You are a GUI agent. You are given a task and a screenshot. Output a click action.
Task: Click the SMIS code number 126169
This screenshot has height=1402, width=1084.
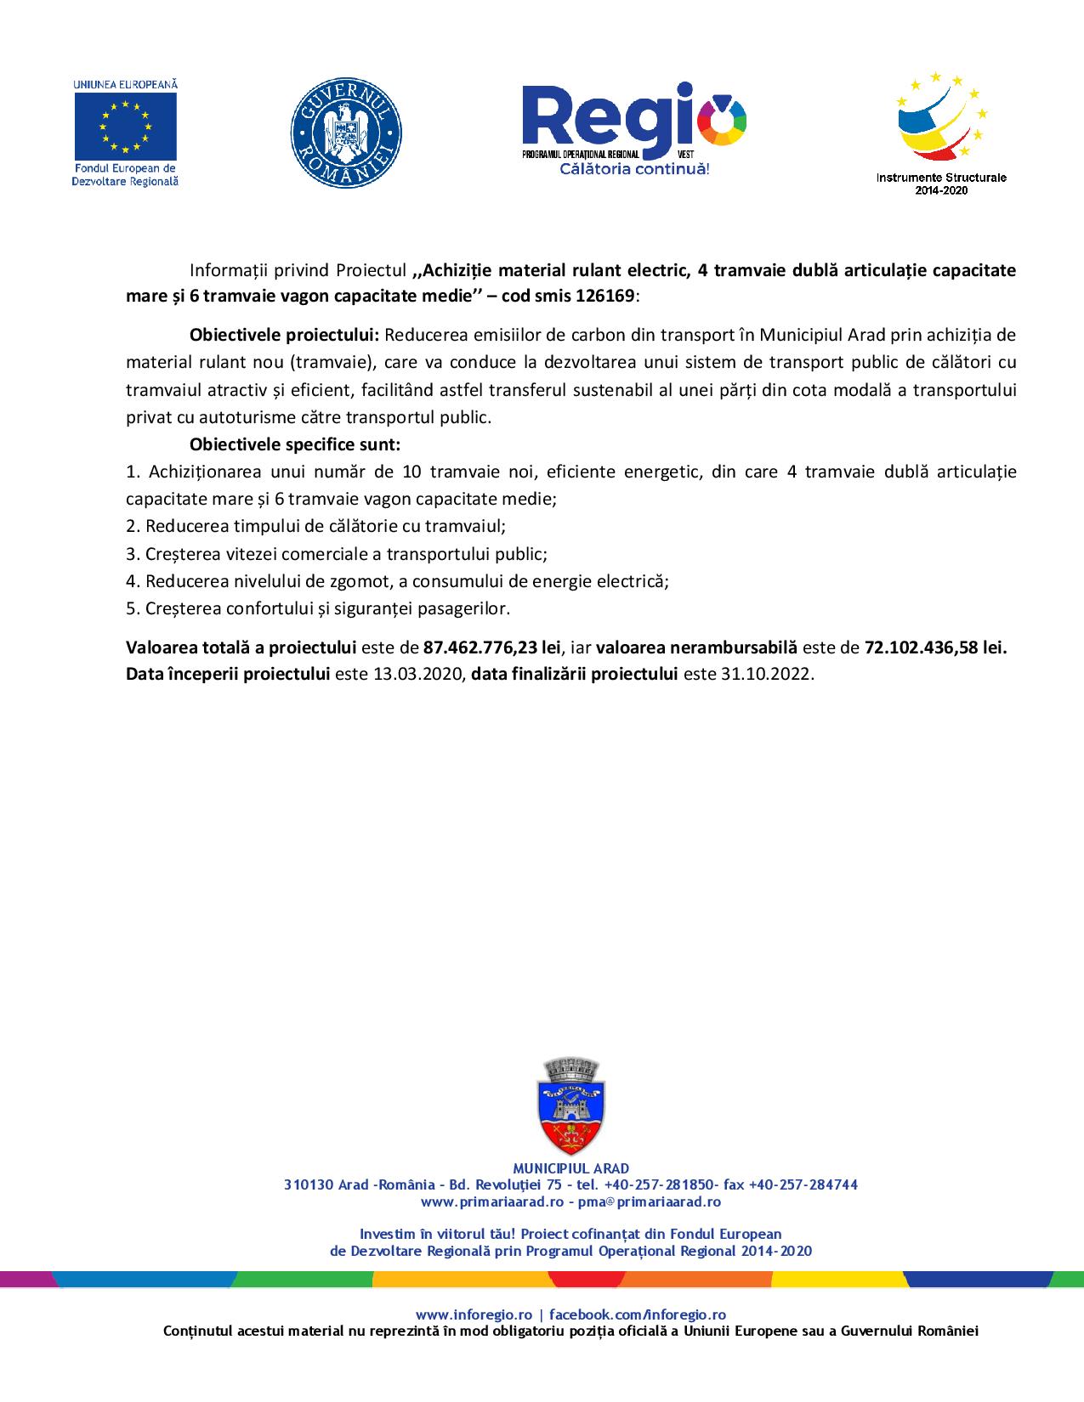pyautogui.click(x=604, y=296)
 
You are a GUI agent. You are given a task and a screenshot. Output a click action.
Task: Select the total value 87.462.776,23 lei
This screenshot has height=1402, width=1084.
pyautogui.click(x=492, y=647)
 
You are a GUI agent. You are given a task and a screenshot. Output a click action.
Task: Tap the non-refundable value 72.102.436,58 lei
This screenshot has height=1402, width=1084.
pyautogui.click(x=935, y=647)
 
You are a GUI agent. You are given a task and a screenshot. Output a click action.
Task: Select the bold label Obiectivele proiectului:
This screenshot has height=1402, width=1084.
pyautogui.click(x=284, y=334)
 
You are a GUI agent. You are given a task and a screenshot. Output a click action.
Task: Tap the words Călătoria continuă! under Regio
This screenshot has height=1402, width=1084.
pyautogui.click(x=634, y=170)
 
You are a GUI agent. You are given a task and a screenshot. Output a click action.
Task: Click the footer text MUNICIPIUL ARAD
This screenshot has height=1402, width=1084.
pyautogui.click(x=571, y=1168)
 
